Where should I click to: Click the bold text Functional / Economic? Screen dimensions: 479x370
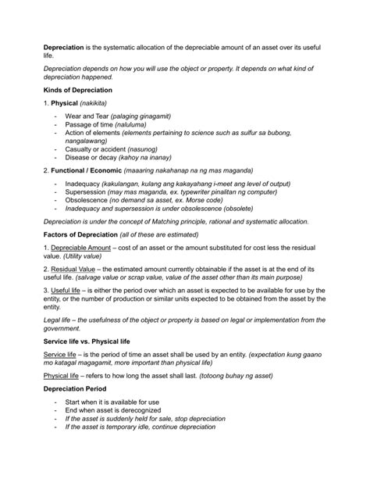pyautogui.click(x=90, y=170)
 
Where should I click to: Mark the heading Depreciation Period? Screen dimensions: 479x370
pyautogui.click(x=79, y=388)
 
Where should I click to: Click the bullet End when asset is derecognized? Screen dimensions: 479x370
pyautogui.click(x=113, y=410)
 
